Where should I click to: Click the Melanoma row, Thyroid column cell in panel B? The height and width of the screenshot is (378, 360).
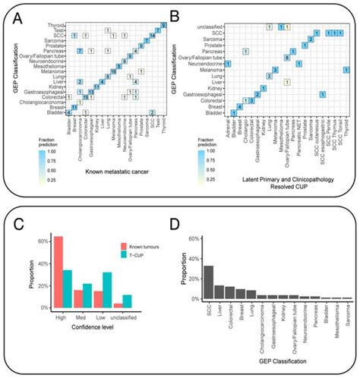click(x=346, y=70)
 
